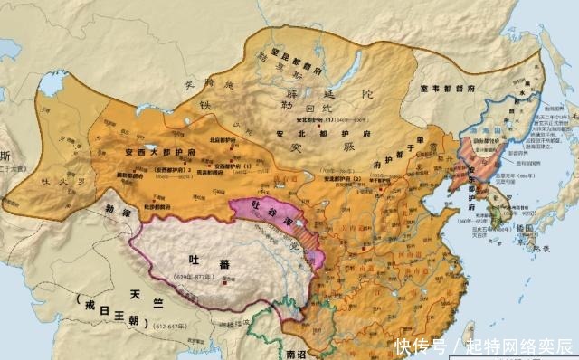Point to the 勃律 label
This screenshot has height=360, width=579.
coord(119,205)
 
